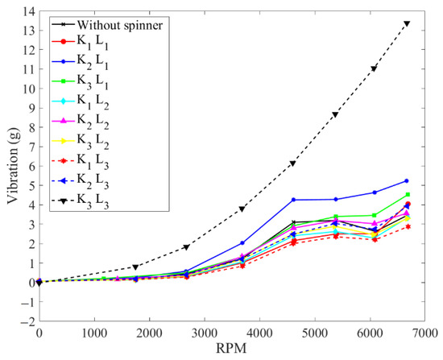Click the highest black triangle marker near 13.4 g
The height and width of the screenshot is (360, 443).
407,23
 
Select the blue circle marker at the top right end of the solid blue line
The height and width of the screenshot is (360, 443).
407,181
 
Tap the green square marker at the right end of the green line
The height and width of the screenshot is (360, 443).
408,194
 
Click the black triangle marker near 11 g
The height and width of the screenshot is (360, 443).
374,68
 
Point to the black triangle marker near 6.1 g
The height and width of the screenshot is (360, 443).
292,163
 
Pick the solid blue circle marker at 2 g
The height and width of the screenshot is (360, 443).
242,243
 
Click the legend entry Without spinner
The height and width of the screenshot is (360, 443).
107,26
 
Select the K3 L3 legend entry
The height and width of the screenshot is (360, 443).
81,202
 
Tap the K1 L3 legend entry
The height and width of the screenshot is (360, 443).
81,162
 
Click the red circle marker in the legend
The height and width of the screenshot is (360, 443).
64,42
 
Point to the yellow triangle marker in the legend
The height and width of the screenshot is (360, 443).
64,141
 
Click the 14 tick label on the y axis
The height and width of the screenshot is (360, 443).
29,11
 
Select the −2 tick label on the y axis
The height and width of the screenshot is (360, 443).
27,321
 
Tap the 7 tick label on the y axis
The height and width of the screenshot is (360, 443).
32,147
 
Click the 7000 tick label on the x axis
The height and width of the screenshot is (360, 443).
425,333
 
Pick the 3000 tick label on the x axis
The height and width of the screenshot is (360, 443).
205,333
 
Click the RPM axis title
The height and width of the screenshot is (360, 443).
231,348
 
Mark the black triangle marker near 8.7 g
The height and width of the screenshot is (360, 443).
335,114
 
